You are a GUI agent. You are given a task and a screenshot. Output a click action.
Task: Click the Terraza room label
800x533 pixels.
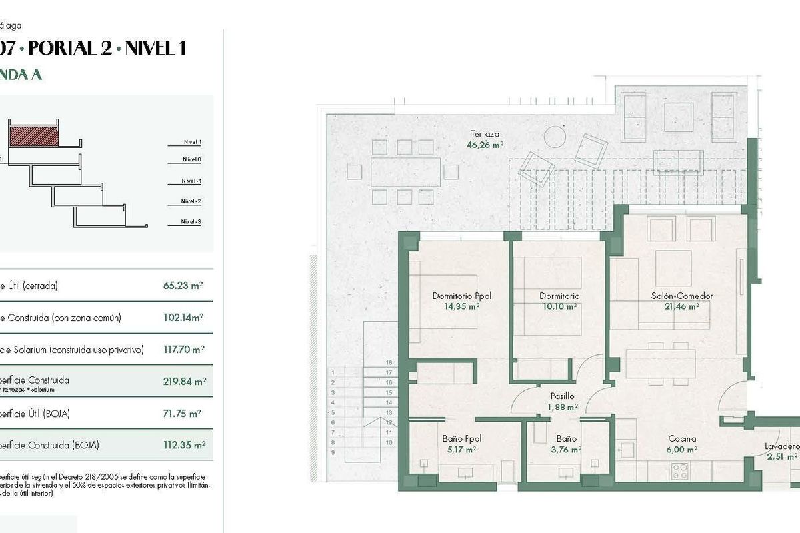click(x=485, y=133)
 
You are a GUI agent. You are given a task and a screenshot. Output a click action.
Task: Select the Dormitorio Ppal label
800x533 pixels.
click(x=461, y=296)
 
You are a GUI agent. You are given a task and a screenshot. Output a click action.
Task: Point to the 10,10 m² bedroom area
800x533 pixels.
click(x=559, y=306)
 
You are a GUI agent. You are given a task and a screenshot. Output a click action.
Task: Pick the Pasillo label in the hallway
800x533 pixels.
click(x=563, y=396)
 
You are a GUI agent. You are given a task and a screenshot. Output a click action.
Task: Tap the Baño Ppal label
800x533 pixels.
click(x=461, y=439)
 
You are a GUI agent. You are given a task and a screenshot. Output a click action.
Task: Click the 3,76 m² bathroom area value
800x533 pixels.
click(x=565, y=449)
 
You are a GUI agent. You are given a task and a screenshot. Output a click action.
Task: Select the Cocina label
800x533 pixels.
click(x=682, y=439)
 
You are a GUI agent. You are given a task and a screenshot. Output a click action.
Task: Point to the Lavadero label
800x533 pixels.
click(x=782, y=446)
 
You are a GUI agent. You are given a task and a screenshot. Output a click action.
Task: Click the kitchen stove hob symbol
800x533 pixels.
click(x=679, y=470)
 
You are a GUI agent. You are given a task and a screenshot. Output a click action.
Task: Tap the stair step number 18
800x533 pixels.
click(x=389, y=363)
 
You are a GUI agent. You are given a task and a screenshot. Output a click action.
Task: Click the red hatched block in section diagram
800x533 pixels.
click(x=34, y=137)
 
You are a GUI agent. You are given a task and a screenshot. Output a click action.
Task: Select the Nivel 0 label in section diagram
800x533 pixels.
click(x=191, y=159)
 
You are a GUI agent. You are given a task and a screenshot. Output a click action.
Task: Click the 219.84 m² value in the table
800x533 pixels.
click(x=184, y=382)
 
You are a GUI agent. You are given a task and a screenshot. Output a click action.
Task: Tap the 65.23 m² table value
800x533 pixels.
click(x=183, y=286)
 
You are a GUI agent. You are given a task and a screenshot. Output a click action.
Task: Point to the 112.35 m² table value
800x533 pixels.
click(x=184, y=445)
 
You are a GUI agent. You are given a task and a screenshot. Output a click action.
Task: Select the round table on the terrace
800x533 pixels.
click(x=555, y=137)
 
